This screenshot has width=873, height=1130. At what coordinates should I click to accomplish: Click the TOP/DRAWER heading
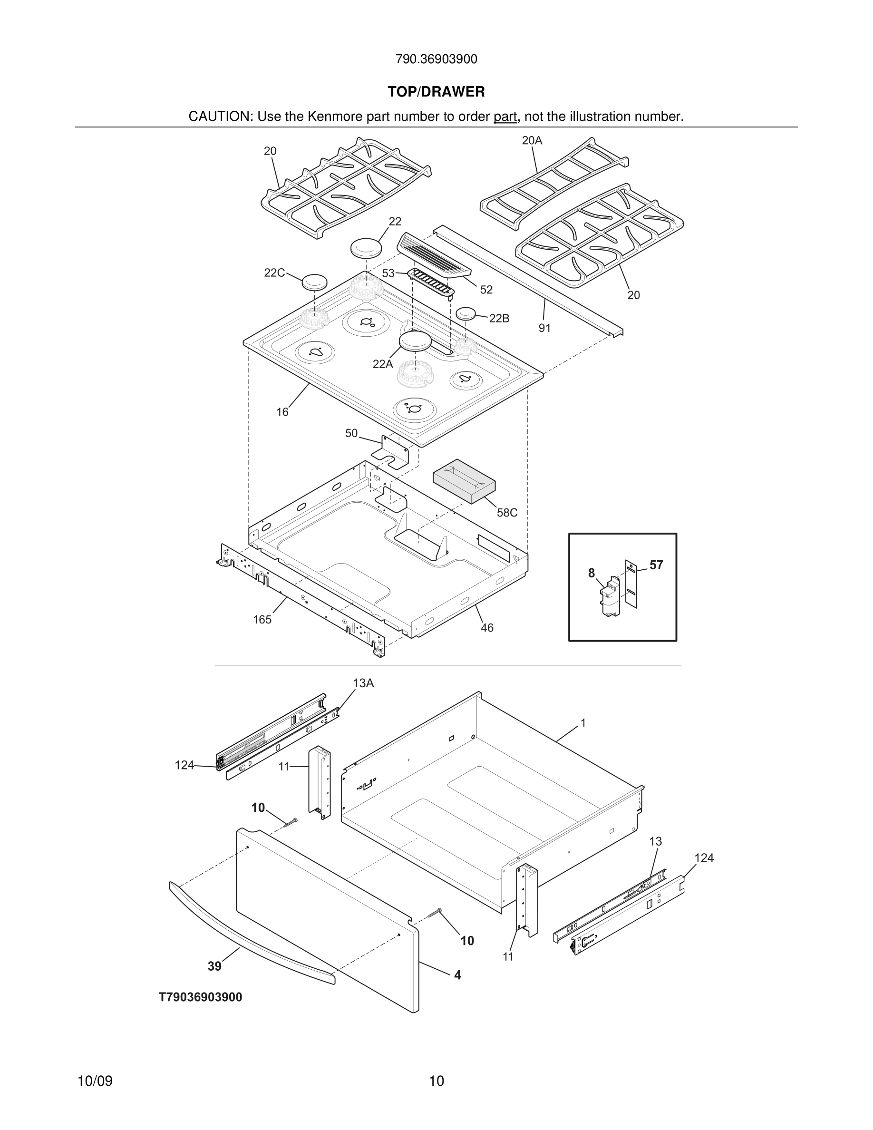click(436, 92)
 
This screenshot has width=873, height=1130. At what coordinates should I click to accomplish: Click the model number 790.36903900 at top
click(436, 59)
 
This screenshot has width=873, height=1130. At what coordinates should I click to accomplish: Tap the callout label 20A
click(532, 140)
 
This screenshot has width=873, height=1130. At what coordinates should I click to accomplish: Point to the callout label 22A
click(383, 364)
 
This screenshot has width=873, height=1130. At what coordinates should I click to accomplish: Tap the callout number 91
click(544, 328)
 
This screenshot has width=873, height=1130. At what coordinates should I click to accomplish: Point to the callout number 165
click(262, 619)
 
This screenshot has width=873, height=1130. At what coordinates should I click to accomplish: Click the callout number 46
click(487, 628)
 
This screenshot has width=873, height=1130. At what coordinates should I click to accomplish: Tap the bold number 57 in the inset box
click(656, 565)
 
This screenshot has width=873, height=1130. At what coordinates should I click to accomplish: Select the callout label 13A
click(363, 683)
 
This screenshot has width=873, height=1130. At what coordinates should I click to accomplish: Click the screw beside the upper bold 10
click(291, 822)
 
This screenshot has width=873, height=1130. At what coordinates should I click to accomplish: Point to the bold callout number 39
click(214, 966)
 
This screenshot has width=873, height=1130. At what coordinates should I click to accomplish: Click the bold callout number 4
click(457, 975)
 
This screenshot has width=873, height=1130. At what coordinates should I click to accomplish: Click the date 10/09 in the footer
click(95, 1081)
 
